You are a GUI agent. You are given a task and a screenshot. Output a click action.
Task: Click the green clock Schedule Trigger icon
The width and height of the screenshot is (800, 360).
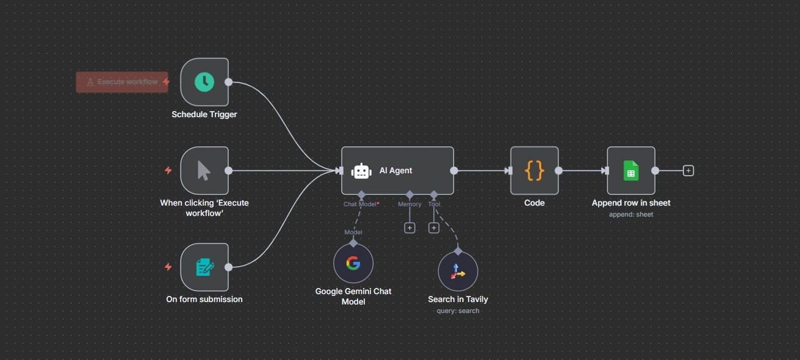coord(204,82)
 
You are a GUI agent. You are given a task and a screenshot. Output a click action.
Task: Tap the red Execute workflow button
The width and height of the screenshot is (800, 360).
coord(122,82)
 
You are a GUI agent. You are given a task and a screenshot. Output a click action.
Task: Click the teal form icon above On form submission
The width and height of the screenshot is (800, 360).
coord(204,267)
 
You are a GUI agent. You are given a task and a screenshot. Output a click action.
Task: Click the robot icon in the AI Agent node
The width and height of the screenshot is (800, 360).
coord(361,171)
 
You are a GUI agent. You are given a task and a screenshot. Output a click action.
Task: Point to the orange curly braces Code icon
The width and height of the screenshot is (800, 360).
coord(535,171)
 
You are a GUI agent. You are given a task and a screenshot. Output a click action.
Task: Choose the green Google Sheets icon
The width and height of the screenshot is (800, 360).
coord(631,171)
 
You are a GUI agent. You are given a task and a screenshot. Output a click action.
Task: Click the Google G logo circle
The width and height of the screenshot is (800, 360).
coord(353,264)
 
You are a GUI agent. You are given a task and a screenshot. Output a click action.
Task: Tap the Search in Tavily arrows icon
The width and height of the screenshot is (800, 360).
coord(458,272)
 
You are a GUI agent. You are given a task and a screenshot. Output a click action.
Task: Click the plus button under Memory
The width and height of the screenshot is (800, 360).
coord(409,228)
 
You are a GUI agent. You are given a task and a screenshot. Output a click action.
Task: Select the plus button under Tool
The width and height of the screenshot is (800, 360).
coord(434,228)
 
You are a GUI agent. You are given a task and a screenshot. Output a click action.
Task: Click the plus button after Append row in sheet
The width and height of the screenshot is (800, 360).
coord(688,171)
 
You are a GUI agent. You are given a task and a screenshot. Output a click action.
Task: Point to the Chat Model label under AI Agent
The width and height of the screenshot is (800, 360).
coord(360,204)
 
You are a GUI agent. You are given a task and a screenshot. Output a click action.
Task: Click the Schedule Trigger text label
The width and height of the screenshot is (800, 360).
coord(204,114)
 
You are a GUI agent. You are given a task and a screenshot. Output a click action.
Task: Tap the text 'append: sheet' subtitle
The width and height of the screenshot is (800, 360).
coord(631,214)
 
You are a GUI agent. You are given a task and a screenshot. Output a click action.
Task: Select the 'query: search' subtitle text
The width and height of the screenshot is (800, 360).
coord(458,311)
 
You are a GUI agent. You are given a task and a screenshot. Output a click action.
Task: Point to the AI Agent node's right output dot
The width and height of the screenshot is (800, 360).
coord(453,171)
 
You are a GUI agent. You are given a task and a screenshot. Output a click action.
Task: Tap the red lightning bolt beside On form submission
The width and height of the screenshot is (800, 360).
coord(168,267)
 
